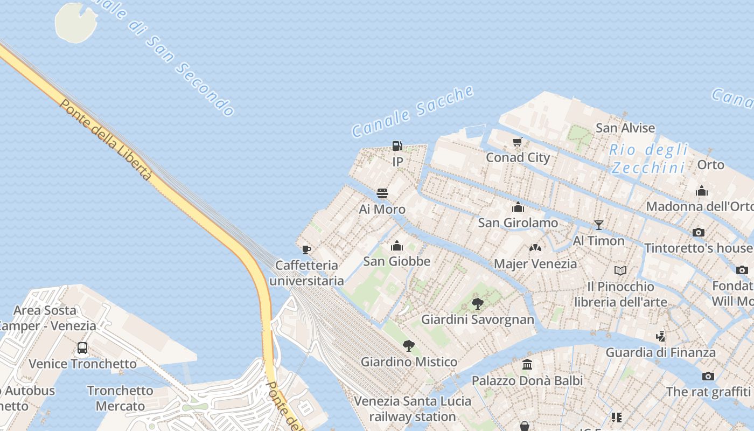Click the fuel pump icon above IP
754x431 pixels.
click(397, 146)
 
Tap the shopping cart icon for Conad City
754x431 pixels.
click(518, 142)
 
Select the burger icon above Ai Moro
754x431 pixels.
click(382, 193)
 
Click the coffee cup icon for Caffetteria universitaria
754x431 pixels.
click(306, 249)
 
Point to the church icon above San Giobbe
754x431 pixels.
click(397, 246)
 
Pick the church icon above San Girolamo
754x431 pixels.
click(518, 207)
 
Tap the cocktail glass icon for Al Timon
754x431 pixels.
click(598, 225)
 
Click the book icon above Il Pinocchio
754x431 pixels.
click(620, 270)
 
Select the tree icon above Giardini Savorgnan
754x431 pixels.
click(477, 304)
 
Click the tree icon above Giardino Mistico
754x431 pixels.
click(409, 346)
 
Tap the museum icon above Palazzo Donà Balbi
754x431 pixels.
click(527, 365)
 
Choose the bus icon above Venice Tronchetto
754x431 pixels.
click(82, 348)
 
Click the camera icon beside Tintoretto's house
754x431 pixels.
click(699, 233)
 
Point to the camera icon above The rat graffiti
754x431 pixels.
click(708, 376)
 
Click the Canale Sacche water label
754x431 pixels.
click(413, 112)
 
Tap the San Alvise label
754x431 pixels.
click(625, 128)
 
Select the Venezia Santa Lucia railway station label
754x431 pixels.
click(413, 409)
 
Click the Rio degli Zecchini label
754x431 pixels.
click(649, 158)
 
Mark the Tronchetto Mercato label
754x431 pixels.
click(120, 398)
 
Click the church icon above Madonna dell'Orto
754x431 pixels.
click(701, 191)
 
